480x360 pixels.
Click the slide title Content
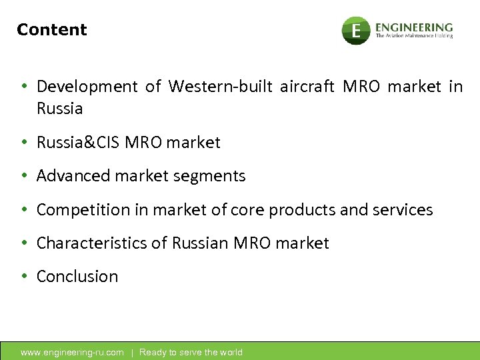(52, 30)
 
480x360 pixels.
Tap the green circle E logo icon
(356, 31)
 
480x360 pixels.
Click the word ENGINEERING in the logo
(413, 27)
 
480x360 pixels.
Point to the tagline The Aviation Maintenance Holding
(414, 36)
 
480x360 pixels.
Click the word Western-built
(221, 87)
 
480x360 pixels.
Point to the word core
(246, 210)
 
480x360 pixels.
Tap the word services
(405, 210)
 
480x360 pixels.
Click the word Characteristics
(92, 243)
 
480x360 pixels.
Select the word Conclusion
(77, 277)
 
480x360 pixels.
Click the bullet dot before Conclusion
(24, 277)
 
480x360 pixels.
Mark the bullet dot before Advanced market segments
(24, 176)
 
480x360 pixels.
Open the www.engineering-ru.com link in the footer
(72, 353)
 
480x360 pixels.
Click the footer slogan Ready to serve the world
(191, 353)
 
